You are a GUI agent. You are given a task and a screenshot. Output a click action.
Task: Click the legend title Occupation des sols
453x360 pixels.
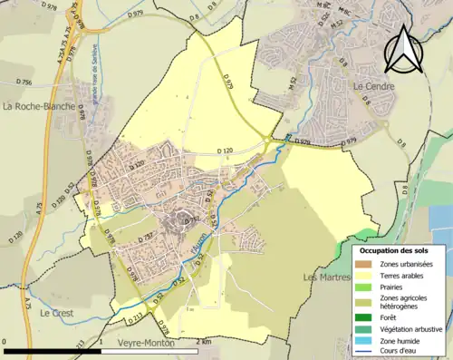pos(395,249)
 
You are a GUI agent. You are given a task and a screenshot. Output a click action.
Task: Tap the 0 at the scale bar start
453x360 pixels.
pos(5,342)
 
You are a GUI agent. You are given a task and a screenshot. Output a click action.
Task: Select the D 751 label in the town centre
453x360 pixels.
pos(191,221)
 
